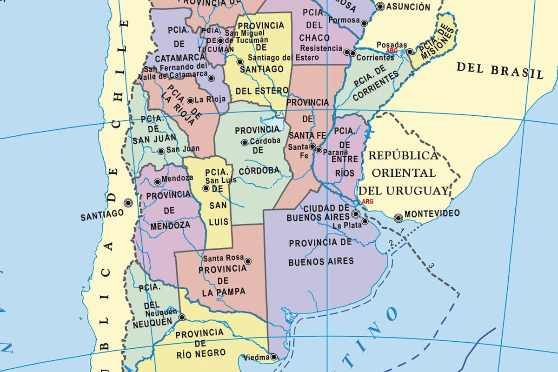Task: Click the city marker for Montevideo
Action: click(x=398, y=218)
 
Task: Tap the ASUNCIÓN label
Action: click(x=408, y=7)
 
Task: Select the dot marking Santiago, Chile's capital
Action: click(x=128, y=203)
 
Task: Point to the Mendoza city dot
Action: click(x=158, y=182)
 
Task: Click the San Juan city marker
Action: click(x=161, y=151)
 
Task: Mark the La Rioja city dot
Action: click(x=190, y=100)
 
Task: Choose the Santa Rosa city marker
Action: click(x=248, y=261)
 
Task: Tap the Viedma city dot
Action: click(x=274, y=357)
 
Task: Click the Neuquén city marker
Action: click(x=182, y=317)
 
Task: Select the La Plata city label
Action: click(x=346, y=226)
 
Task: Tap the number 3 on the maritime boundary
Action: click(x=431, y=266)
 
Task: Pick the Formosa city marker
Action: click(x=365, y=23)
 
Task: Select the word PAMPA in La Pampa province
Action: click(x=230, y=292)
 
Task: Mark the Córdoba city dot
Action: click(x=245, y=142)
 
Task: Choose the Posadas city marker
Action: click(x=410, y=52)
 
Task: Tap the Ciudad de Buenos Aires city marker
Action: click(x=356, y=214)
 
